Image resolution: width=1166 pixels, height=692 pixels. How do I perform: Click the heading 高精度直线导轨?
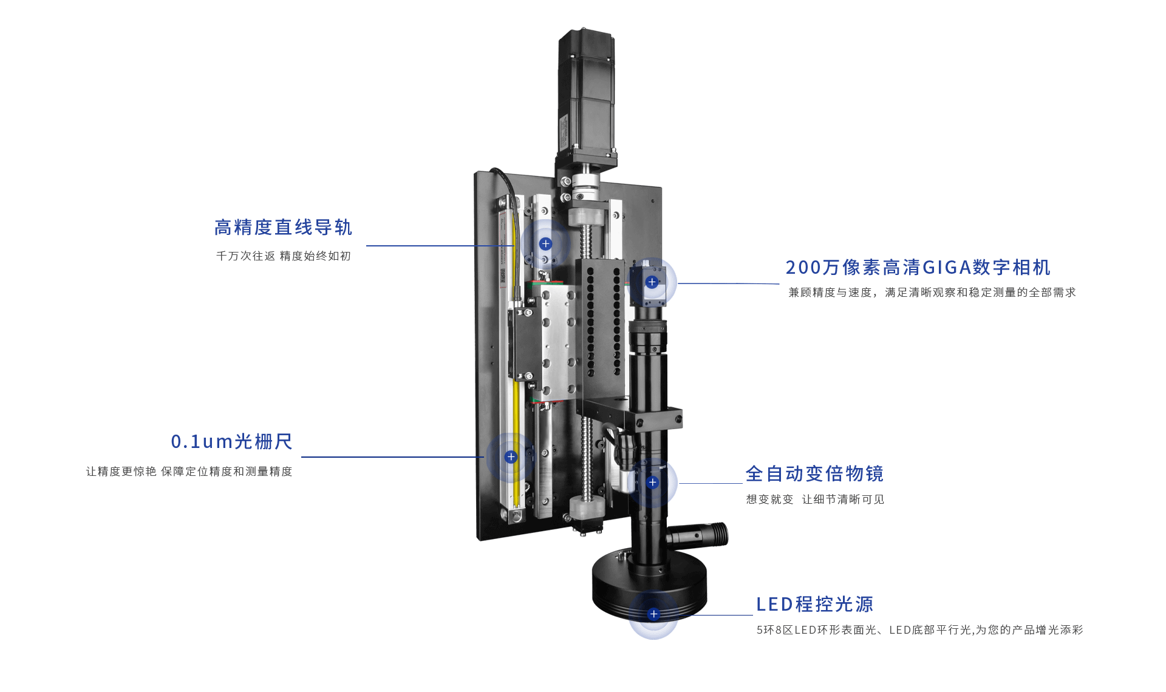(x=283, y=228)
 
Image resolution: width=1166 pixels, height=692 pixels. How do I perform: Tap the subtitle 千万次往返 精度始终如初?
(x=283, y=256)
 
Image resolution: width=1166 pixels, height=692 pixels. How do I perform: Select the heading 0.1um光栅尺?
(x=231, y=441)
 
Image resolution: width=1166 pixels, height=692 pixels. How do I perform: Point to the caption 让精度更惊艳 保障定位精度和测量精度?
(x=189, y=472)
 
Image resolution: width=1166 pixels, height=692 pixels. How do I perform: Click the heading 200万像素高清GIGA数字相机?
(x=918, y=267)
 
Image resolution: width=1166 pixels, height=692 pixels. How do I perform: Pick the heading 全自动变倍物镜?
(x=814, y=473)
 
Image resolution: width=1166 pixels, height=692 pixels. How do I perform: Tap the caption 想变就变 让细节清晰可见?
(x=815, y=500)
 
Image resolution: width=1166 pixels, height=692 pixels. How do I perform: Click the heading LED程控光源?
(x=814, y=604)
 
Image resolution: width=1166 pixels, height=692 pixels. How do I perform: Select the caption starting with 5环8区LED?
(x=919, y=630)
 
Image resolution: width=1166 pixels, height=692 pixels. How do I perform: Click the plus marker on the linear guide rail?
(x=545, y=243)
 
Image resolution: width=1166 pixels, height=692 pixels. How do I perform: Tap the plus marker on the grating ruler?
(x=511, y=456)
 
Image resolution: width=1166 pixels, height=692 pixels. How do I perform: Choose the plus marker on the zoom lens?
(x=652, y=483)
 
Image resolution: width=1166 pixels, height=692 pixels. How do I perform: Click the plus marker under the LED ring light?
(x=653, y=614)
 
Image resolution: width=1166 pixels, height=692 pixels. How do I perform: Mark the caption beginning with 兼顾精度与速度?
(x=932, y=293)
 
